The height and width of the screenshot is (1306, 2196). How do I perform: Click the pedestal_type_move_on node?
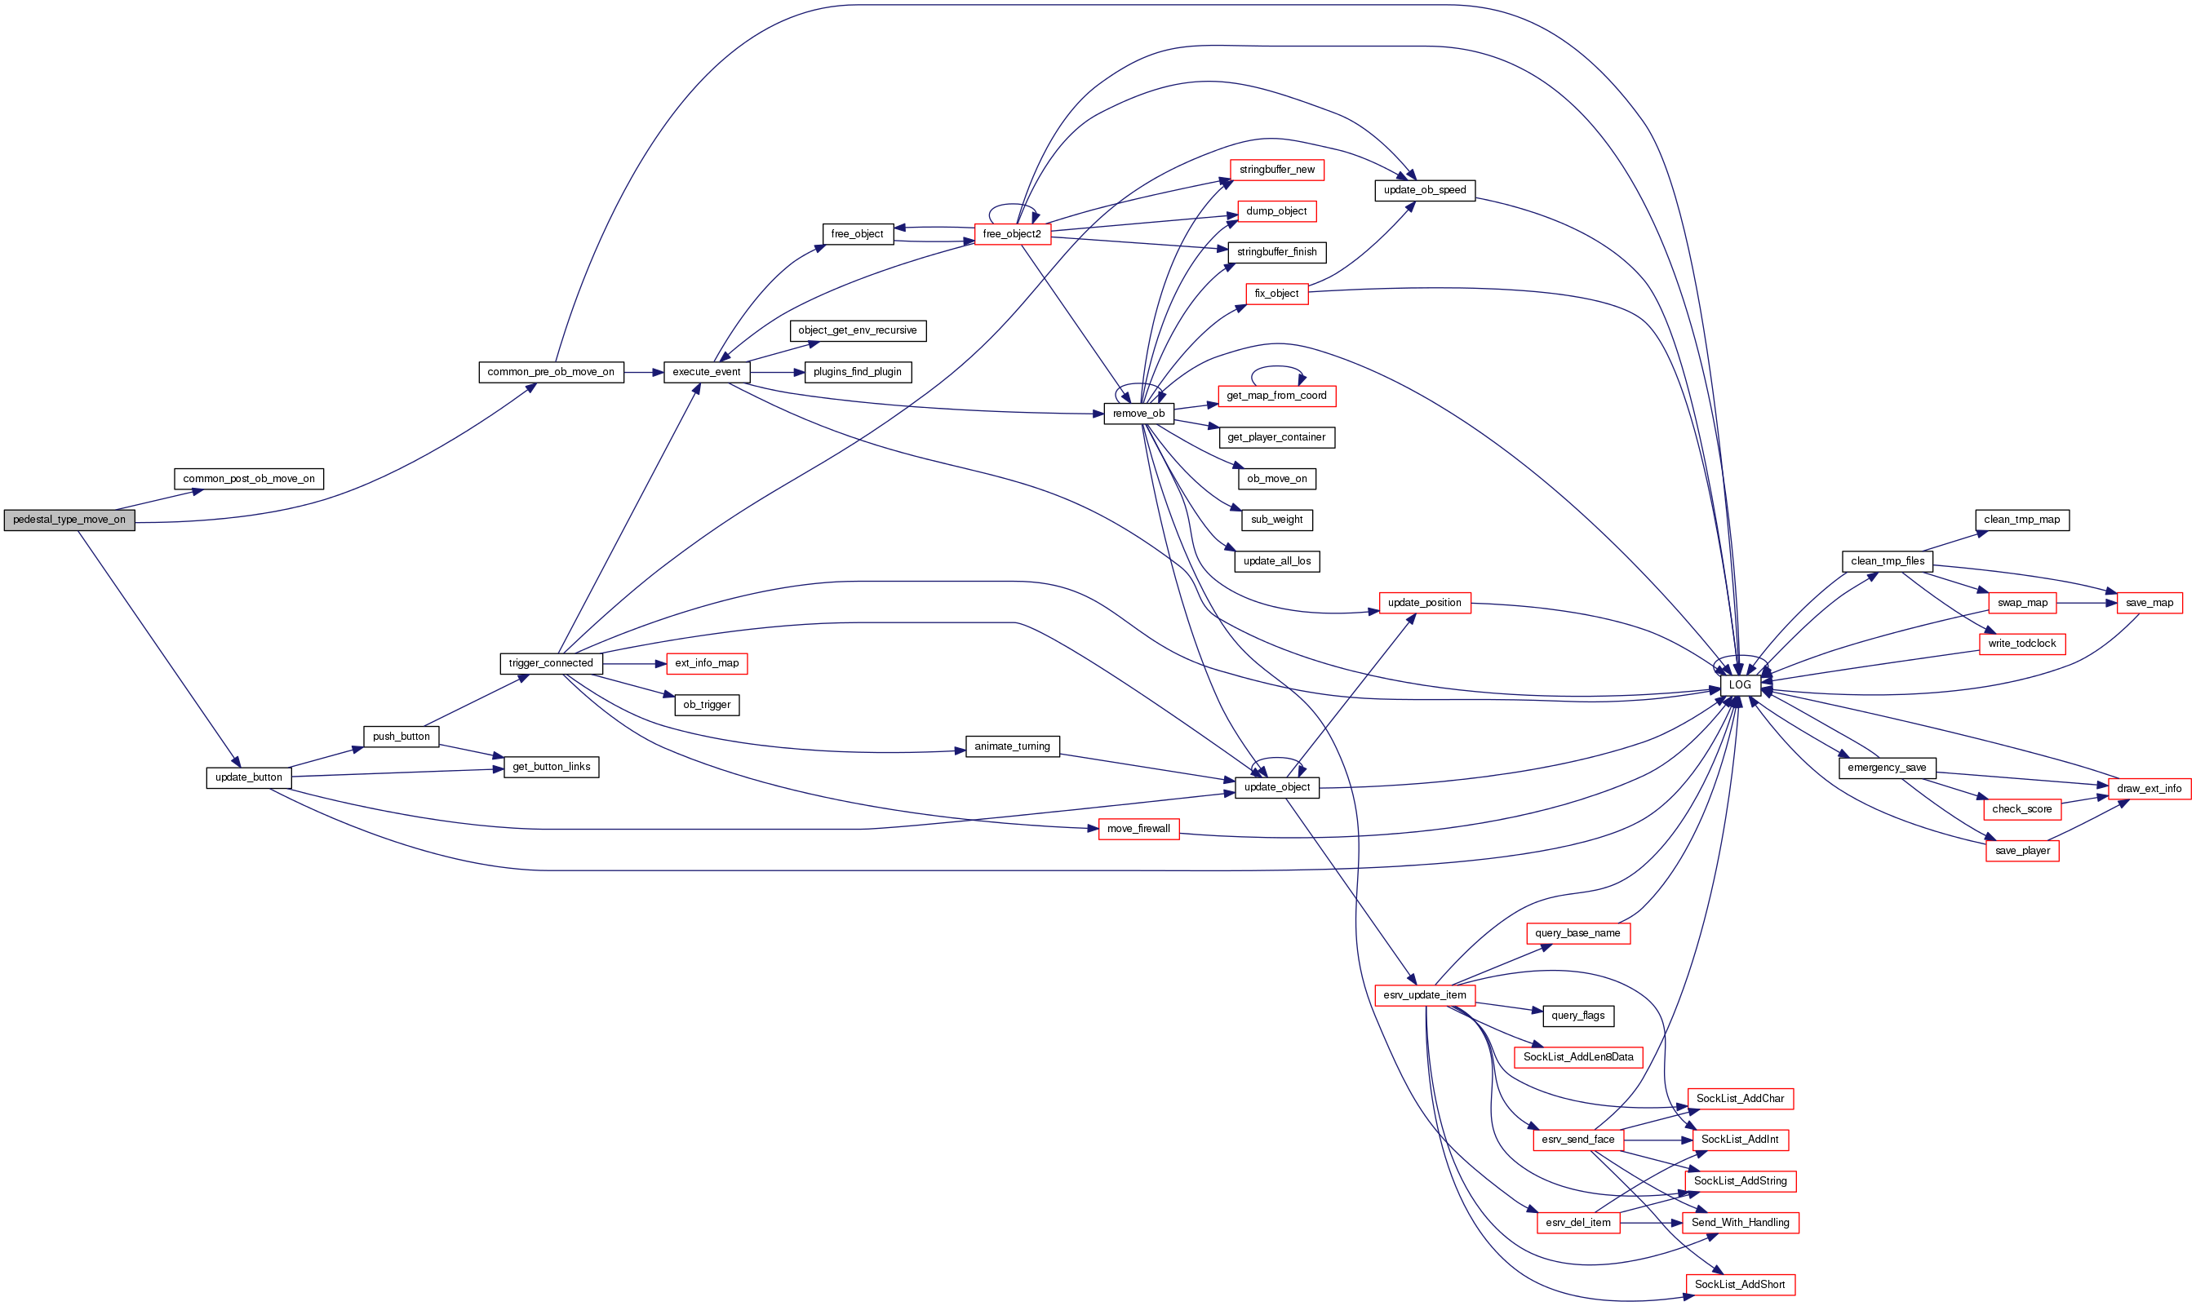(69, 520)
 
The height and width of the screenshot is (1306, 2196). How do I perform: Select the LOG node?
(1739, 685)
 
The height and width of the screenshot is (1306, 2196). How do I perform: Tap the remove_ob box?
(1138, 414)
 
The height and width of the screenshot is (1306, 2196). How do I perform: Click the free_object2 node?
(1011, 234)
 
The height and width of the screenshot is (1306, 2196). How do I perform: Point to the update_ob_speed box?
(1424, 190)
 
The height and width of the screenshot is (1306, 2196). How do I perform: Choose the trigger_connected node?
(551, 663)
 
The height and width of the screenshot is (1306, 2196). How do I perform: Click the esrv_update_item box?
(1424, 995)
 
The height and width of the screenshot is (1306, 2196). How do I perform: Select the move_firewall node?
(1138, 829)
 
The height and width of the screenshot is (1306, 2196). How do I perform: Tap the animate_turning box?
(1012, 746)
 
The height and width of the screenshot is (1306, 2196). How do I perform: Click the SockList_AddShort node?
(1739, 1285)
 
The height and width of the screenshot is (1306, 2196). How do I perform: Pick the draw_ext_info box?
(2149, 789)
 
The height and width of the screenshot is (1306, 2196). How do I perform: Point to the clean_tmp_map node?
(2021, 520)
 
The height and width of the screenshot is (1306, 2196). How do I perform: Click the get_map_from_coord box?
(1276, 396)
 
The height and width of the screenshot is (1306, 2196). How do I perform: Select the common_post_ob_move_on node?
(248, 479)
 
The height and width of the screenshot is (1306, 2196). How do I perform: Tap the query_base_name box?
(1577, 933)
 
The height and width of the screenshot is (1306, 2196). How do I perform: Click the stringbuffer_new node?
(1276, 170)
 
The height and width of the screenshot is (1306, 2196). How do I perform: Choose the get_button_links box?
(551, 768)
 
